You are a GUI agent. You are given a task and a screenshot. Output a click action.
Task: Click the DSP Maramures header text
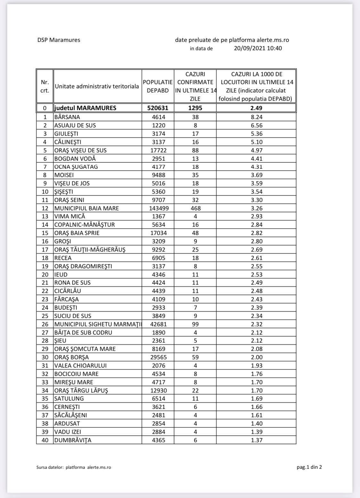(x=59, y=40)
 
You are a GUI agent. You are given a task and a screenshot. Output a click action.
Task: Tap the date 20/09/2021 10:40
(x=258, y=48)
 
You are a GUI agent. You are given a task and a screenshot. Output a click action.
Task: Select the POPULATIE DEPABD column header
(x=158, y=86)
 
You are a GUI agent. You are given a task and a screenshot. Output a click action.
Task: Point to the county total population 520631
(x=158, y=108)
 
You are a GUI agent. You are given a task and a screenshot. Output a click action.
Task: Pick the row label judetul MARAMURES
(x=85, y=108)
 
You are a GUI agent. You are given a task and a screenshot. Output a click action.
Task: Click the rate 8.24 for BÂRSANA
(x=256, y=117)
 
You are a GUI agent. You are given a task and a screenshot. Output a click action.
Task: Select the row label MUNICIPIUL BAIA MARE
(x=86, y=208)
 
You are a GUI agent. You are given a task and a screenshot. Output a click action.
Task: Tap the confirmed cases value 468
(x=195, y=208)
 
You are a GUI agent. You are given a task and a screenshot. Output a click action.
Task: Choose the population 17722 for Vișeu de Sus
(x=158, y=150)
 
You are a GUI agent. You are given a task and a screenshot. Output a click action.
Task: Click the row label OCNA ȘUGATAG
(x=76, y=167)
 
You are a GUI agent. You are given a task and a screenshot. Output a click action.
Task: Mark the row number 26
(x=45, y=324)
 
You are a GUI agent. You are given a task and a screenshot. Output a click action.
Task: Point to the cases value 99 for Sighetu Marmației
(x=195, y=324)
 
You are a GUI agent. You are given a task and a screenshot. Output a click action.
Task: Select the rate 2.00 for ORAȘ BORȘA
(x=256, y=357)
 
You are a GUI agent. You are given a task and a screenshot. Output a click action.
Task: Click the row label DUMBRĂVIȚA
(x=73, y=440)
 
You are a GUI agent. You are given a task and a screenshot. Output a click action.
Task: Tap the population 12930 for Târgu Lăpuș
(x=158, y=391)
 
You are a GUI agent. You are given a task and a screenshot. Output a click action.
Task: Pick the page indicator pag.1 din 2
(x=309, y=467)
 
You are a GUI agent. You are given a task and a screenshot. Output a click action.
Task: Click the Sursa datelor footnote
(x=74, y=467)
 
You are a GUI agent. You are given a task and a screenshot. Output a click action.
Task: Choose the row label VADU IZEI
(x=68, y=432)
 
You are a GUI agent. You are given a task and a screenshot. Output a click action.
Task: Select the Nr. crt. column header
(x=45, y=86)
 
